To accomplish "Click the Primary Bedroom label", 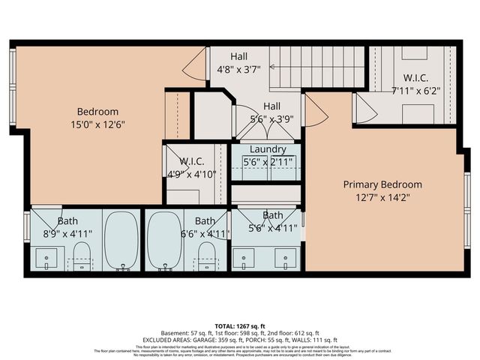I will coord(382,184).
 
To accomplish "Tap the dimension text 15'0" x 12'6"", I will coord(97,125).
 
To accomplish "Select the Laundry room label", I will coord(268,150).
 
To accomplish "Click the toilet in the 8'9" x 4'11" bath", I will coord(82,255).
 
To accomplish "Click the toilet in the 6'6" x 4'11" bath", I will coord(205,255).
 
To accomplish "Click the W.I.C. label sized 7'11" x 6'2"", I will coord(415,77).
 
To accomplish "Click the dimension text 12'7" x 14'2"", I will coord(382,198).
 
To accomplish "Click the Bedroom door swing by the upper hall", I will coord(195,66).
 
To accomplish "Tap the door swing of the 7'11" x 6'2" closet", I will coord(364,111).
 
